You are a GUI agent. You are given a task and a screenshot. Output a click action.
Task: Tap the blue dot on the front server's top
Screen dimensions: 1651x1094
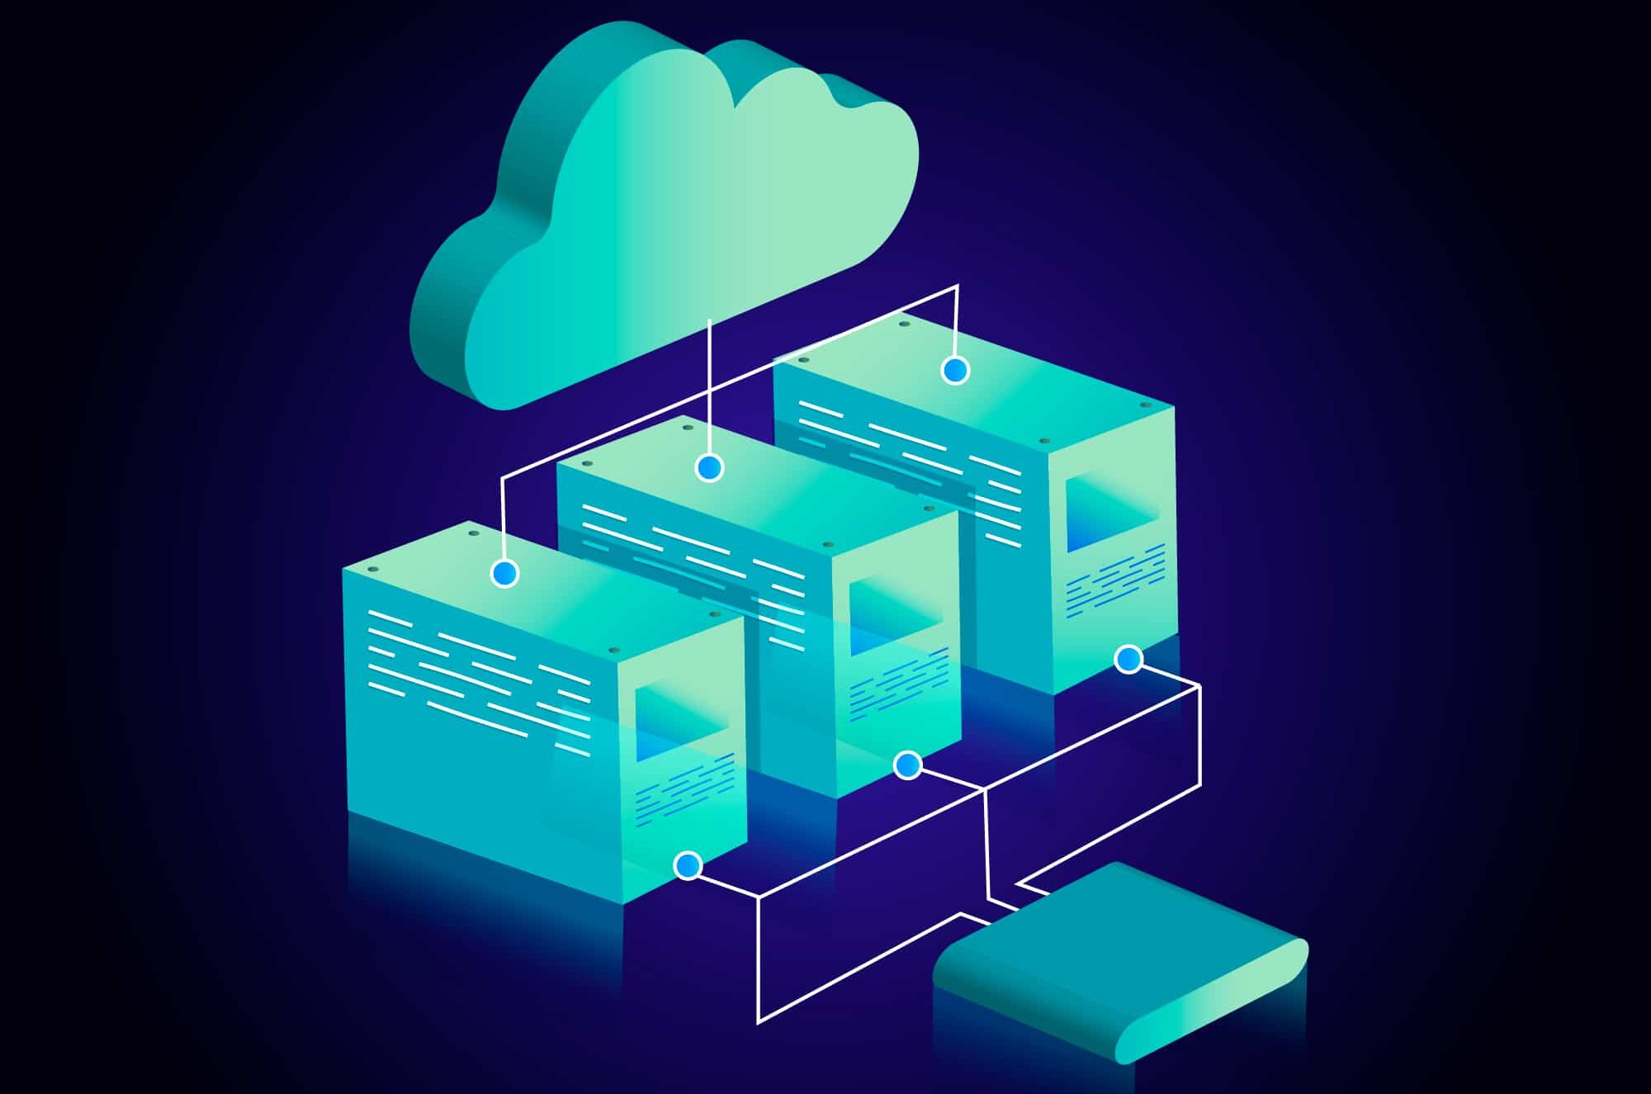click(x=504, y=572)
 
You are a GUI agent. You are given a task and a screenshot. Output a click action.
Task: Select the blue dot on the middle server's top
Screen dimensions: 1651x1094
click(x=709, y=467)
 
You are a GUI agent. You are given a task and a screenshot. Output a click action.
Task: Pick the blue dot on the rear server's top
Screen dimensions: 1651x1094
click(x=955, y=371)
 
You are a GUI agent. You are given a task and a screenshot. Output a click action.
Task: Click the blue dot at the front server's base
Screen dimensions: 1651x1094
click(x=688, y=865)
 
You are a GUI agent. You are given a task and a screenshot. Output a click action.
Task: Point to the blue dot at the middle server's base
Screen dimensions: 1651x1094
click(x=908, y=765)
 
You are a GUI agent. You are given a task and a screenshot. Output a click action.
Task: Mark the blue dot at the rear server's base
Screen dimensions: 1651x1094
click(x=1128, y=659)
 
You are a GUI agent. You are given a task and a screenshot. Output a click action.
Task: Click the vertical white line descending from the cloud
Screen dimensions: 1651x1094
click(x=709, y=388)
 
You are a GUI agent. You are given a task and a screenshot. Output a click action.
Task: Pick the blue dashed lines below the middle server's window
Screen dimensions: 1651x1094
click(x=898, y=681)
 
